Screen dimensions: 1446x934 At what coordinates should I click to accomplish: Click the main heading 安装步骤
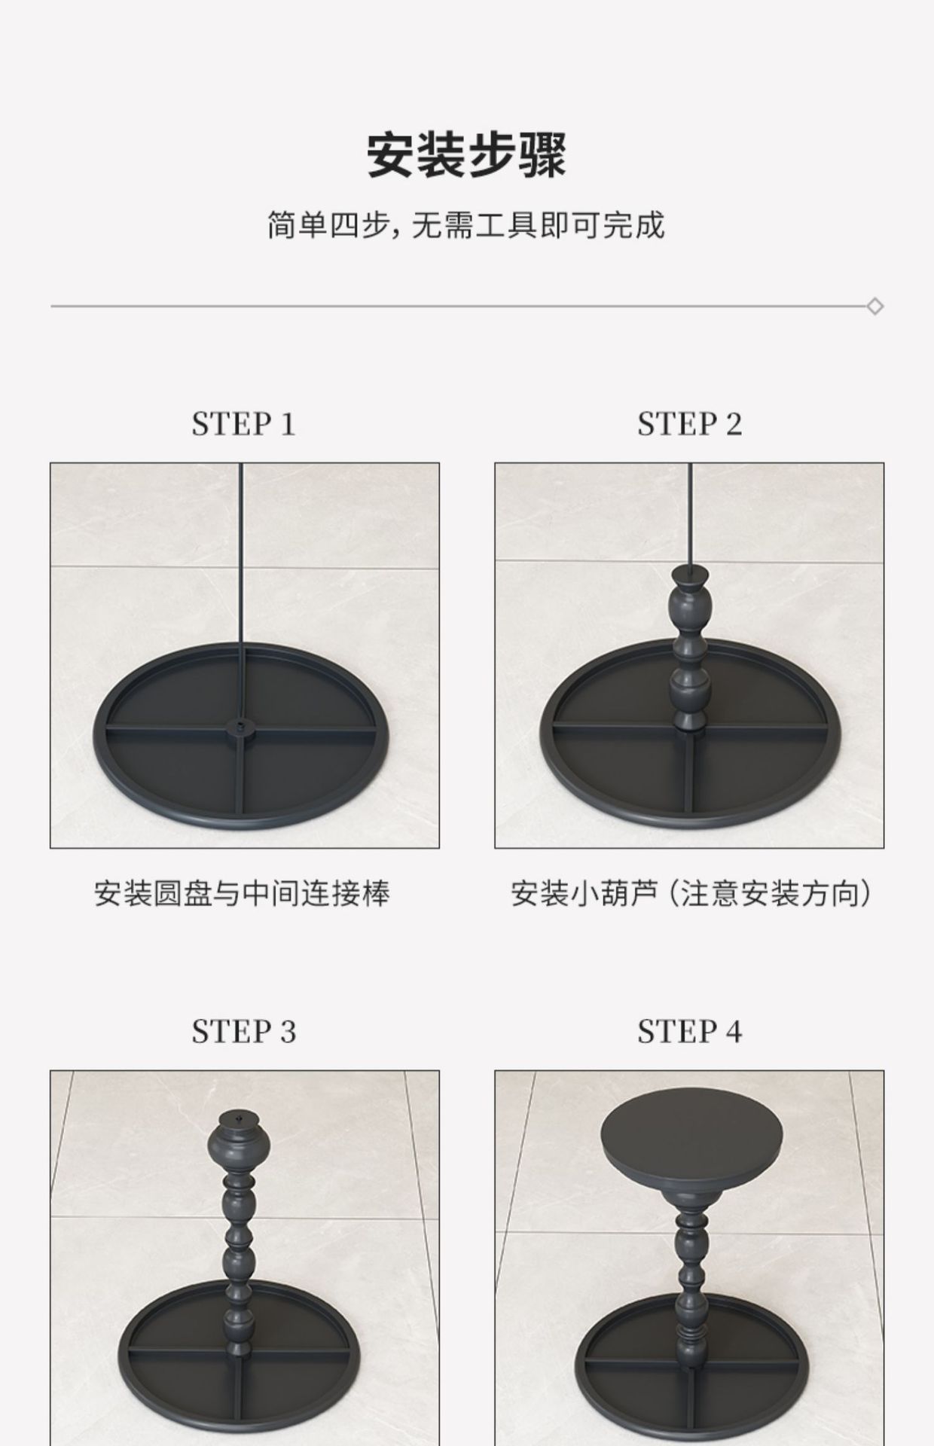click(x=466, y=155)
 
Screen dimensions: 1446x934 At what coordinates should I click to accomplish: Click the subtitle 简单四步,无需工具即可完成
click(x=466, y=225)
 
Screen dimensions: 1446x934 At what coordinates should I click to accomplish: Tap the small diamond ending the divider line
click(x=874, y=307)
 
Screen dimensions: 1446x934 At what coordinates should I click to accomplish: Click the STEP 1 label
click(x=243, y=424)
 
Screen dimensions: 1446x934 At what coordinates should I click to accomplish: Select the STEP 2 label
click(x=689, y=424)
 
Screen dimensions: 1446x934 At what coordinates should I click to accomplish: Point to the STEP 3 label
click(x=243, y=1032)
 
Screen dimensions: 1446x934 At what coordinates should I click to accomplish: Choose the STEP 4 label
click(x=689, y=1032)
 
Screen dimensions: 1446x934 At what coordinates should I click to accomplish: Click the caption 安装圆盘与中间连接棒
click(x=243, y=894)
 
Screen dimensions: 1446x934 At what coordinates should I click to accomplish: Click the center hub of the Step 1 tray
click(x=240, y=728)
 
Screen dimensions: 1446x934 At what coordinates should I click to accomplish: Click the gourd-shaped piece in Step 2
click(x=689, y=648)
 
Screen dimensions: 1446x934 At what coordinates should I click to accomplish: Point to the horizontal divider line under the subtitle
click(x=452, y=307)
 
